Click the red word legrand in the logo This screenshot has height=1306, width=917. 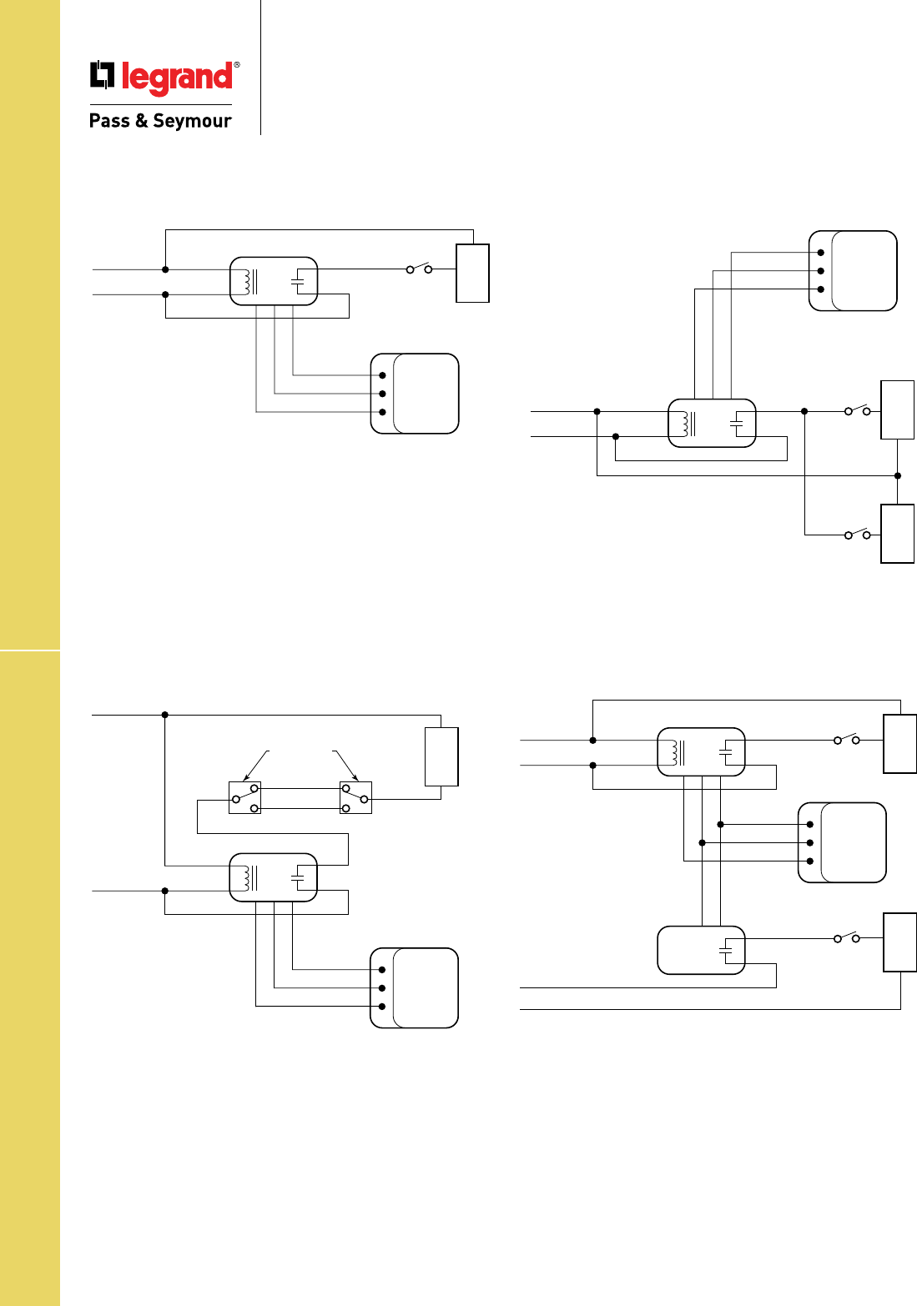click(x=177, y=78)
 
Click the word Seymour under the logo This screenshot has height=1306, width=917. click(x=192, y=121)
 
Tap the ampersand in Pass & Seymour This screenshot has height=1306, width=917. click(x=141, y=121)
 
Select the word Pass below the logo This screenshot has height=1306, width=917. click(x=109, y=121)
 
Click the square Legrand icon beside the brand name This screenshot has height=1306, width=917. click(x=102, y=76)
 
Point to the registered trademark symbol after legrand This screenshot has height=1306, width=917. click(x=237, y=64)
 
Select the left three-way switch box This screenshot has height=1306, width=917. click(x=244, y=798)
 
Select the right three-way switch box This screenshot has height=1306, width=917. click(x=355, y=798)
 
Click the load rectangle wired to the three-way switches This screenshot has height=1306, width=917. click(x=441, y=756)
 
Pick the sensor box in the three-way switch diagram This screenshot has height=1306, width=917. click(x=415, y=987)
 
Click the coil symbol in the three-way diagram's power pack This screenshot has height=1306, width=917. click(x=246, y=877)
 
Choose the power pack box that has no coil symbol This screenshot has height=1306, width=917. click(x=701, y=950)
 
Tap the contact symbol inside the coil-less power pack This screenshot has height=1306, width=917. click(x=725, y=950)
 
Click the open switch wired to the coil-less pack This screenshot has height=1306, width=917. click(x=846, y=938)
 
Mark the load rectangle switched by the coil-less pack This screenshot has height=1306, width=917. click(x=899, y=942)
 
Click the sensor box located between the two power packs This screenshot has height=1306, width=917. click(x=842, y=842)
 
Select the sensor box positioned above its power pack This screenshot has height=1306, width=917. click(x=853, y=271)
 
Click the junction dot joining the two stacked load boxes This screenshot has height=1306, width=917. click(x=898, y=476)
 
